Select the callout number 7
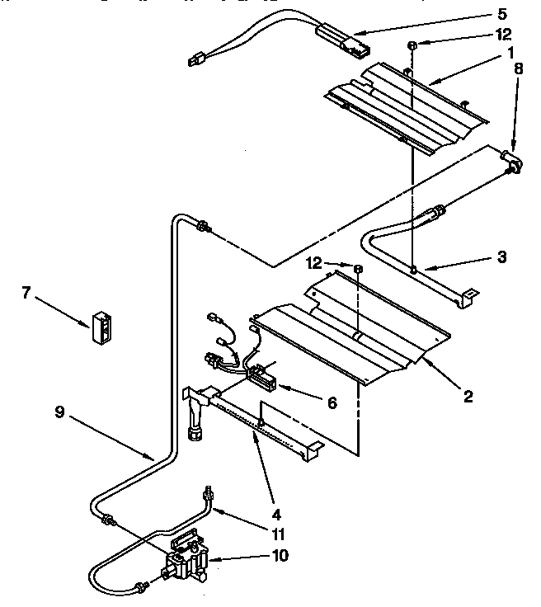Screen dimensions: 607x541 [x=26, y=292]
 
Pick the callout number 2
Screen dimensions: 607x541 [x=468, y=397]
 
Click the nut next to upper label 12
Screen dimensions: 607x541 [x=410, y=45]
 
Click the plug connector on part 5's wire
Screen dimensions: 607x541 [x=196, y=58]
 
